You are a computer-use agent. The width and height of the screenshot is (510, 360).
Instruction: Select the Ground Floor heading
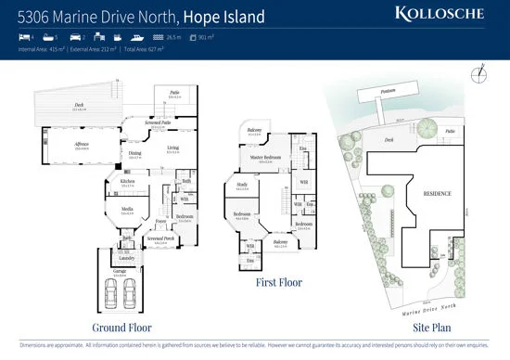[x=121, y=328]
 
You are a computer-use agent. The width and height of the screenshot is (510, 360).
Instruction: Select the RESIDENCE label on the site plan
[x=438, y=193]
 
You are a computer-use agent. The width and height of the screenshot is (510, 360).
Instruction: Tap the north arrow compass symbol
[x=478, y=74]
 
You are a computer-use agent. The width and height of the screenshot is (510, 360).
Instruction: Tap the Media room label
[x=127, y=209]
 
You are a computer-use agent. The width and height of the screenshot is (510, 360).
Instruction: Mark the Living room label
[x=173, y=148]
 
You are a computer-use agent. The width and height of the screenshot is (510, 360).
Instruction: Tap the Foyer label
[x=159, y=220]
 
